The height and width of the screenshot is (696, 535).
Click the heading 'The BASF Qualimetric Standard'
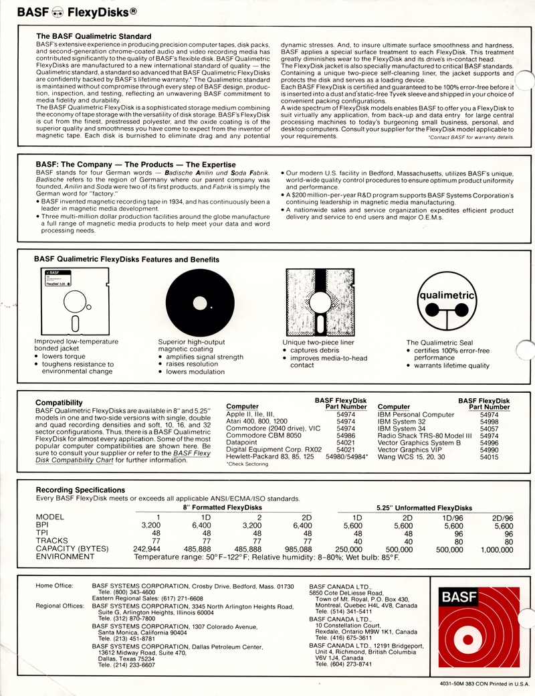tap(94, 35)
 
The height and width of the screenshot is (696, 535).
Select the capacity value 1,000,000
tap(496, 549)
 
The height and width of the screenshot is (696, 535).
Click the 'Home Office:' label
tap(54, 586)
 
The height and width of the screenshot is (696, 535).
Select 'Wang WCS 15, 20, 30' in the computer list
tap(411, 456)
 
